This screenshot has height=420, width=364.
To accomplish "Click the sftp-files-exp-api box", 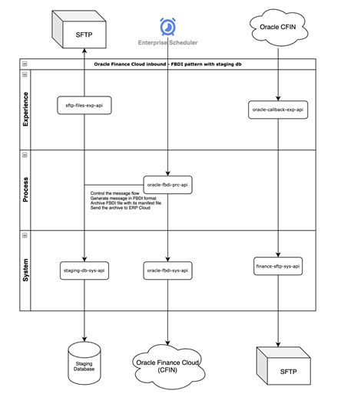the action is coord(84,105).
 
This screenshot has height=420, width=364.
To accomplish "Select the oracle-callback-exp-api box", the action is coord(278,110).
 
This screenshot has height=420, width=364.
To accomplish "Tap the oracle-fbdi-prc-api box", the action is coord(167,185).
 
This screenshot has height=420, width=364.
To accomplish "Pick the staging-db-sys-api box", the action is coord(84,271).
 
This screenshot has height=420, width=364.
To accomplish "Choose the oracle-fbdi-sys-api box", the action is coord(167,271).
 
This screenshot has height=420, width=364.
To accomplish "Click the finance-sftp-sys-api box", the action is coord(278,266).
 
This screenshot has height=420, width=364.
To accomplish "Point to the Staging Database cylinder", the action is coord(84,363).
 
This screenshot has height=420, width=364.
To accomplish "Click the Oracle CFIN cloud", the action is coord(278,28).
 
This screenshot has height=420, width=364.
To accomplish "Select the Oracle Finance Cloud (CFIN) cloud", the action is coord(169,366).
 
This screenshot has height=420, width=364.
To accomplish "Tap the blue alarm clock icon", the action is coord(167,27).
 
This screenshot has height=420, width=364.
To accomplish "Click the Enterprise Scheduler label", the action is coord(167,43).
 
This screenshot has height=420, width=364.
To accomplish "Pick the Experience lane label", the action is coord(25,109).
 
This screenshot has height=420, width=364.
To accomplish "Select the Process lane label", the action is coord(25,189).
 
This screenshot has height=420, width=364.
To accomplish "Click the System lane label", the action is coord(25,270).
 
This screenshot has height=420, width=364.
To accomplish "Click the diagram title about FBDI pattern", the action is coord(167,64).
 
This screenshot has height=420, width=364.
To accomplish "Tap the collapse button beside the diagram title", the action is coord(25,64).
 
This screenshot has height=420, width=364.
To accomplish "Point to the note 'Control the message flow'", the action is coord(115,193).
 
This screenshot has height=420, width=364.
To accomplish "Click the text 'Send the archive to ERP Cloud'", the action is coord(121,208).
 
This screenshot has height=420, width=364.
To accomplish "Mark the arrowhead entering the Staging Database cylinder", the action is coord(84,339).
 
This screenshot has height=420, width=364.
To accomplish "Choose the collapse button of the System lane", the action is coord(25,235).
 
